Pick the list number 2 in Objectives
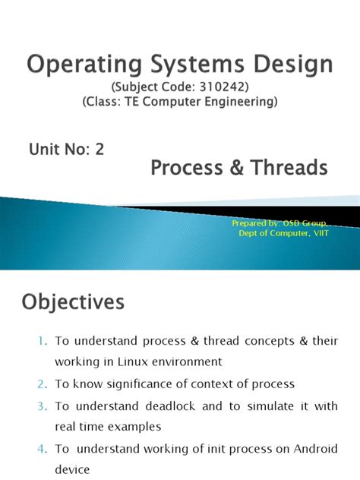point(40,385)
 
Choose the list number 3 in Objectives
point(40,406)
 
